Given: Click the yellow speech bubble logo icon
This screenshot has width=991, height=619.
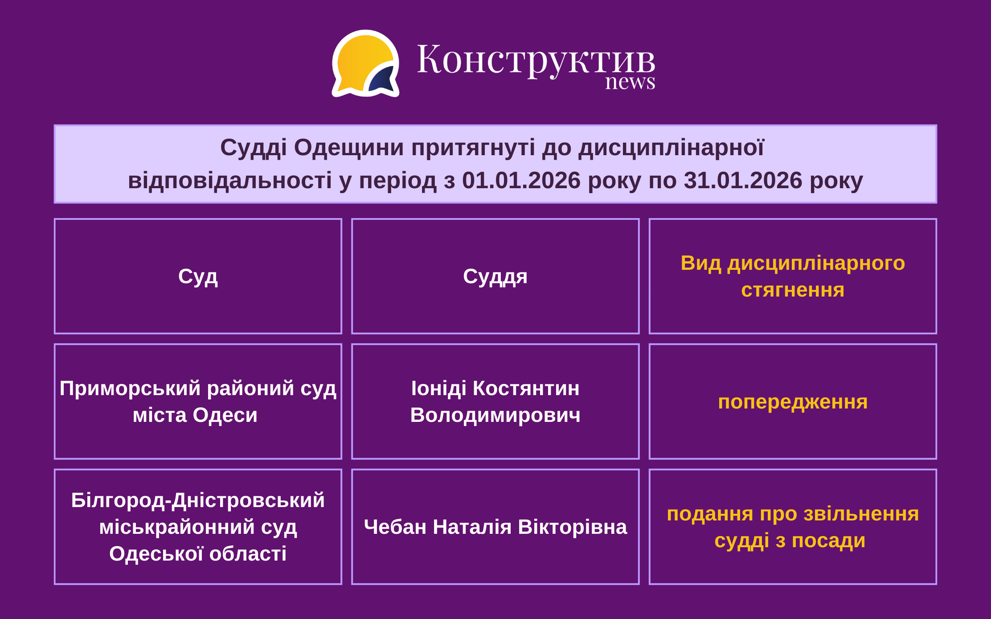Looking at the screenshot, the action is (x=365, y=63).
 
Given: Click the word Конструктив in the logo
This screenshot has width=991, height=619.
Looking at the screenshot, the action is (x=536, y=60).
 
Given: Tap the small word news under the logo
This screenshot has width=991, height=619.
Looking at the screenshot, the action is (x=630, y=82).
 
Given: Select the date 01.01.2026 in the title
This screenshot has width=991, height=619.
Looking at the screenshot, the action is (x=521, y=181).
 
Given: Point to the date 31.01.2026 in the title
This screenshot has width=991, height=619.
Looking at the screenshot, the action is (x=743, y=181).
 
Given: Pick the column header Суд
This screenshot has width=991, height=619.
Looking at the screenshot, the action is (x=198, y=276).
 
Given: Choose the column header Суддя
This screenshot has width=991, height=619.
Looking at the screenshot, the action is (x=495, y=276).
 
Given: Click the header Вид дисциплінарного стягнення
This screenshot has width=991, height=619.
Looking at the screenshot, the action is (x=793, y=276).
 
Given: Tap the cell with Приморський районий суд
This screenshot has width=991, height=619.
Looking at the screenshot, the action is (x=198, y=401).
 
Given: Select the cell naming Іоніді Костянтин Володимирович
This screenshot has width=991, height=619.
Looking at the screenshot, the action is (x=495, y=401).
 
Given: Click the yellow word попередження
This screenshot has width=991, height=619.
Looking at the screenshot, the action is (x=793, y=402).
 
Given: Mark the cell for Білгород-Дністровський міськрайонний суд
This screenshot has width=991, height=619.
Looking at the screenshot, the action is (x=198, y=527).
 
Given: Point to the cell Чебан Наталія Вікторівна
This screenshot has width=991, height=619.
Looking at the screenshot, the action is (x=495, y=527).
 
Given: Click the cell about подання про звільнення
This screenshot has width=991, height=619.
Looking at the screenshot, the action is (x=793, y=527).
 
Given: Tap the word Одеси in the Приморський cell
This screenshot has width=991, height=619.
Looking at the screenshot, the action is (x=225, y=416).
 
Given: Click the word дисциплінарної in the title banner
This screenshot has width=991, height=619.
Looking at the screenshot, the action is (x=671, y=148).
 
